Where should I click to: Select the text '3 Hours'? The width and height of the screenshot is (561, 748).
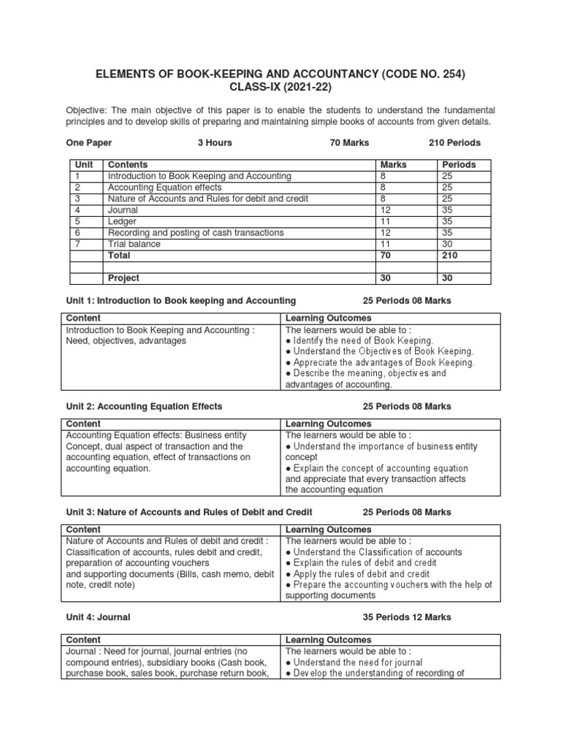coord(215,142)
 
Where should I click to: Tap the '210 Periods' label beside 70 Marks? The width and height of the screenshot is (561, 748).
coord(454,142)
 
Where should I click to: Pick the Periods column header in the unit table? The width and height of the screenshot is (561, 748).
coord(459,165)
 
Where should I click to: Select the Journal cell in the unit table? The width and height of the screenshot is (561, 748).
coord(122,210)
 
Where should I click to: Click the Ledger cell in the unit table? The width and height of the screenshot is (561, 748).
coord(121,221)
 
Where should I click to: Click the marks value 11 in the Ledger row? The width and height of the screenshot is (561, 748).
coord(385,221)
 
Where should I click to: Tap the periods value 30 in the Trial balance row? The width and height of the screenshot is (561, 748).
coord(447,244)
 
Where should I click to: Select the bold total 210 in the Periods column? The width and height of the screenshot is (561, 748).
coord(449,256)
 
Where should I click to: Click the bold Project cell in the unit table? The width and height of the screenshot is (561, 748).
coord(123,278)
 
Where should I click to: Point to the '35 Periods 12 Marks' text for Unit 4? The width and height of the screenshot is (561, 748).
coord(407,617)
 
